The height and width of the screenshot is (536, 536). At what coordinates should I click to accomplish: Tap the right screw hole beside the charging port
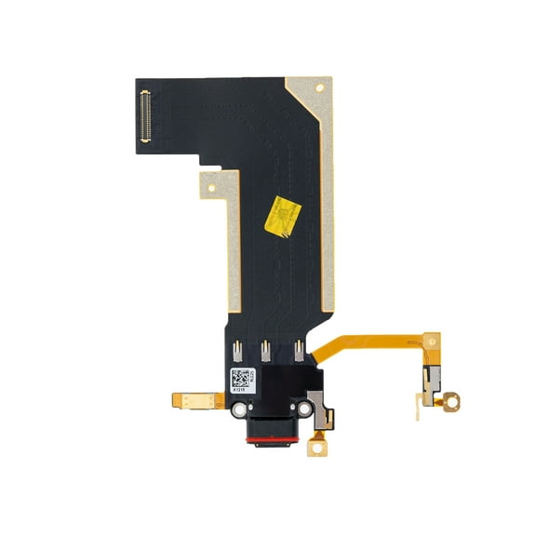(x=304, y=409)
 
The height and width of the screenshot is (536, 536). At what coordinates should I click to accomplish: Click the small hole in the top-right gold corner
(x=320, y=89)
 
